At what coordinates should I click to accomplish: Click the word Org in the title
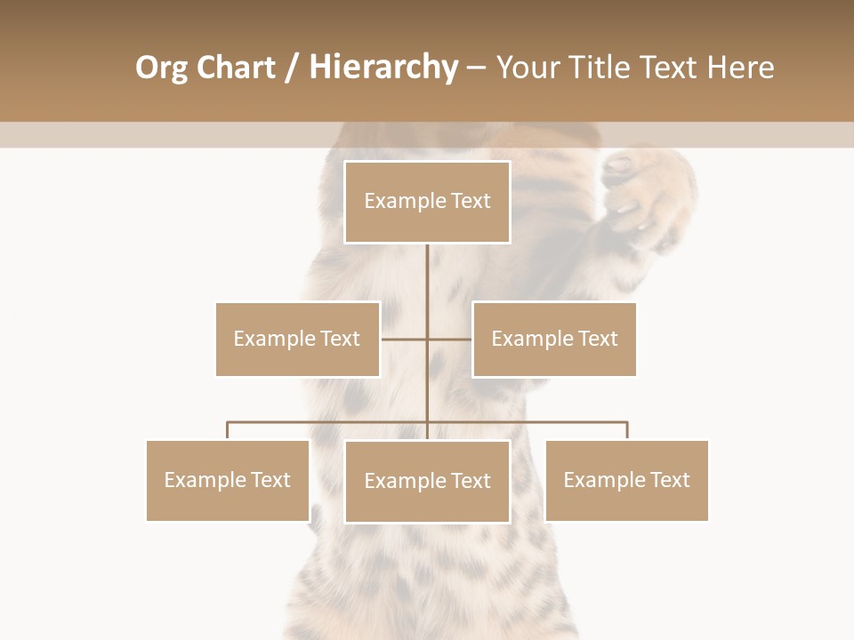click(x=163, y=68)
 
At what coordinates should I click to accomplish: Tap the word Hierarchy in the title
click(x=383, y=68)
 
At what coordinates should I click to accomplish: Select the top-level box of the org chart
click(x=427, y=202)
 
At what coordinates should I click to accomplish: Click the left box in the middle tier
click(x=297, y=339)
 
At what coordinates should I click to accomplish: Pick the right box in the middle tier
click(x=554, y=339)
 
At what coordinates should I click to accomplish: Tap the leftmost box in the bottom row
click(x=227, y=480)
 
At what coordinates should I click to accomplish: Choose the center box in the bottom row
click(x=427, y=481)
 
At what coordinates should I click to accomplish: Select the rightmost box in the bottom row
click(x=626, y=480)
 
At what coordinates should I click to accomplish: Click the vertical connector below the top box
click(x=427, y=284)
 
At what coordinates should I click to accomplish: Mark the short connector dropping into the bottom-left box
click(x=227, y=431)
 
